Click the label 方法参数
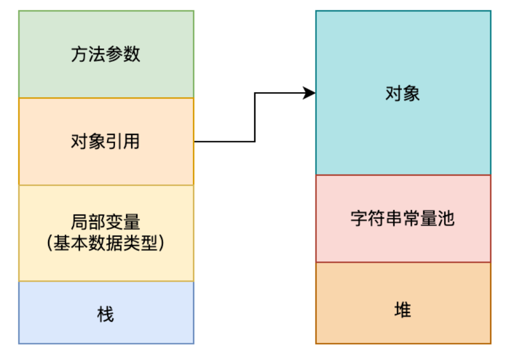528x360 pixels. click(106, 54)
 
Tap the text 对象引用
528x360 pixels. click(106, 141)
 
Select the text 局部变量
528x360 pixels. click(106, 223)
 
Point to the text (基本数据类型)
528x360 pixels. click(106, 243)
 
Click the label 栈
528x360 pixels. click(106, 314)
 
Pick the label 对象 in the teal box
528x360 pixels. click(403, 93)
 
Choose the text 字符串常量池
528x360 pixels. click(403, 218)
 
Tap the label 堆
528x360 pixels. click(403, 310)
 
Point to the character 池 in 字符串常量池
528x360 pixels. click(446, 218)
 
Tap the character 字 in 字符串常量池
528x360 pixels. click(359, 218)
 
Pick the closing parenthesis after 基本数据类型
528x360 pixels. click(162, 243)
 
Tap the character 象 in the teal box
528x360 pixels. click(411, 93)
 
